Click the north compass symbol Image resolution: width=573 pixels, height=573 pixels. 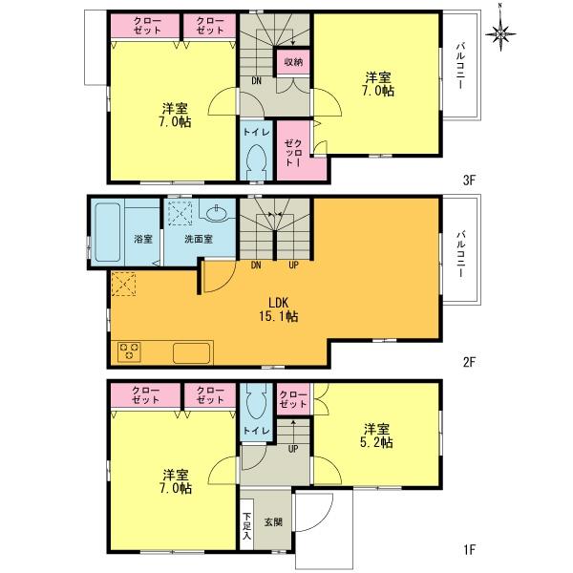point(503,33)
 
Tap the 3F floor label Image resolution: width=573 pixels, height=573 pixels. point(469,180)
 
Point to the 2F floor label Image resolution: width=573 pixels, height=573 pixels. point(469,363)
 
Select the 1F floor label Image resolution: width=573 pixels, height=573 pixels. point(469,549)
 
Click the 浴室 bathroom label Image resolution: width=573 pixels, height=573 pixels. point(144,239)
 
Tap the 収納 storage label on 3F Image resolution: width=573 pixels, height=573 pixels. point(292,62)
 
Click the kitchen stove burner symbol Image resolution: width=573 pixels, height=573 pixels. point(128,350)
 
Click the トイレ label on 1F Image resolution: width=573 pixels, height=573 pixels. point(255,432)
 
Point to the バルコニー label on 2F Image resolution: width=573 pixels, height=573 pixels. point(460,252)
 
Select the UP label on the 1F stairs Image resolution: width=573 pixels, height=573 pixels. point(292,448)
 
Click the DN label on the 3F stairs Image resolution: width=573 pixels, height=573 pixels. point(257,80)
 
